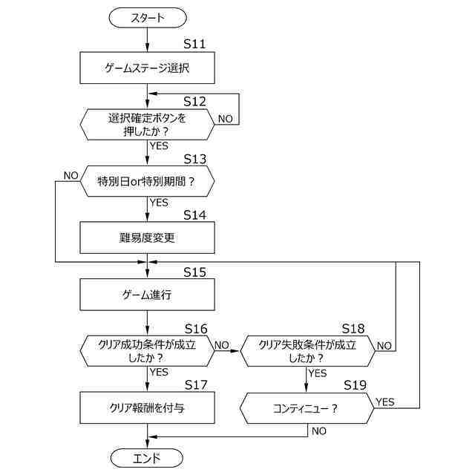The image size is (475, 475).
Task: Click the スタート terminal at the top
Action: click(x=148, y=18)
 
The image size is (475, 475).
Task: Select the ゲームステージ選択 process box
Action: click(x=147, y=68)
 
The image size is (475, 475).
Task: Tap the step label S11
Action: click(x=194, y=44)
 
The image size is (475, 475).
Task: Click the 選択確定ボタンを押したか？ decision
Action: click(x=147, y=125)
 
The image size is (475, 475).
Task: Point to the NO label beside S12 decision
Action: click(x=226, y=119)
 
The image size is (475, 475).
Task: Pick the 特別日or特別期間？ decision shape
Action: click(x=147, y=181)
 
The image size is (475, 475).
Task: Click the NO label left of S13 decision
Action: click(x=71, y=175)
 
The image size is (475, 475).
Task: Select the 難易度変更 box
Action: click(x=147, y=237)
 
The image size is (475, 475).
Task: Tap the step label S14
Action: click(x=194, y=215)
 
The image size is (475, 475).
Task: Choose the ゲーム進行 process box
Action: click(x=147, y=295)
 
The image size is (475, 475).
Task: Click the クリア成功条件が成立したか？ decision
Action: click(x=147, y=351)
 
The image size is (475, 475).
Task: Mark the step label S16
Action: click(x=196, y=329)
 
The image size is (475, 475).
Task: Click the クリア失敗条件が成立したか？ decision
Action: click(x=307, y=351)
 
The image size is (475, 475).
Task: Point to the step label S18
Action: click(x=353, y=328)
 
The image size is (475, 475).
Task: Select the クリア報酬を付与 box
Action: click(x=147, y=407)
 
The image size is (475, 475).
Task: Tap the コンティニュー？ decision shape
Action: click(x=307, y=408)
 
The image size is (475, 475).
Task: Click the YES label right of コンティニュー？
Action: click(x=385, y=402)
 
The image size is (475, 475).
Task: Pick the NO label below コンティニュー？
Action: click(x=319, y=430)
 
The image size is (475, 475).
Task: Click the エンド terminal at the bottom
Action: click(x=147, y=458)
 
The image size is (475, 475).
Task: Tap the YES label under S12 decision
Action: click(x=159, y=145)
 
